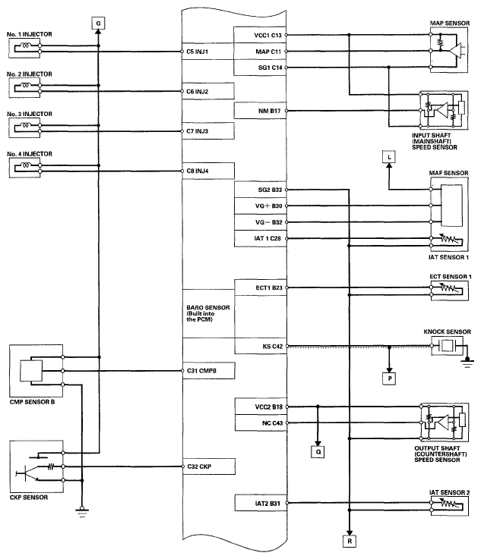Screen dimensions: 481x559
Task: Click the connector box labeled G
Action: (98, 24)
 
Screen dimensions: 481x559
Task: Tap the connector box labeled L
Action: (389, 157)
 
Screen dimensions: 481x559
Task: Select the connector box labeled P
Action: (390, 378)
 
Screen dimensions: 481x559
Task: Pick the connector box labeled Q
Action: (318, 452)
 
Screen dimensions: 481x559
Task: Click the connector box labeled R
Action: (350, 541)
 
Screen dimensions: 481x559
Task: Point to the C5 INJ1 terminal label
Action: (197, 52)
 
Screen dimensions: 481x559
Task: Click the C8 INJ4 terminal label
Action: (198, 171)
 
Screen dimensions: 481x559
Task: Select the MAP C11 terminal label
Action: (268, 52)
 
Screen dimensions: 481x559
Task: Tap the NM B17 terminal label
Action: (269, 111)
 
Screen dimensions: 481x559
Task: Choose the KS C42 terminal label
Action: (273, 346)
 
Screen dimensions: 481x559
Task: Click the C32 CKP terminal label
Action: (199, 466)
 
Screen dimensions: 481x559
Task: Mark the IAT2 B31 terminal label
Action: (267, 504)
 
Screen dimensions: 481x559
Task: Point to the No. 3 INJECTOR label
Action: (30, 114)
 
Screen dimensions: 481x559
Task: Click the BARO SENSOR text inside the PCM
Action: (208, 308)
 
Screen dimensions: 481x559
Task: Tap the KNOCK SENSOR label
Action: (447, 332)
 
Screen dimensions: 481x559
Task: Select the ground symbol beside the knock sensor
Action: (467, 363)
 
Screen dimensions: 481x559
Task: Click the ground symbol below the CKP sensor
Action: (82, 513)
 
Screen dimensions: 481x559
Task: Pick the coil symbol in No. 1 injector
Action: (26, 46)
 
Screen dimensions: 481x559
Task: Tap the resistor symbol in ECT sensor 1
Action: (448, 288)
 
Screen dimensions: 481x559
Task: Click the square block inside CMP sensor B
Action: (31, 371)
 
